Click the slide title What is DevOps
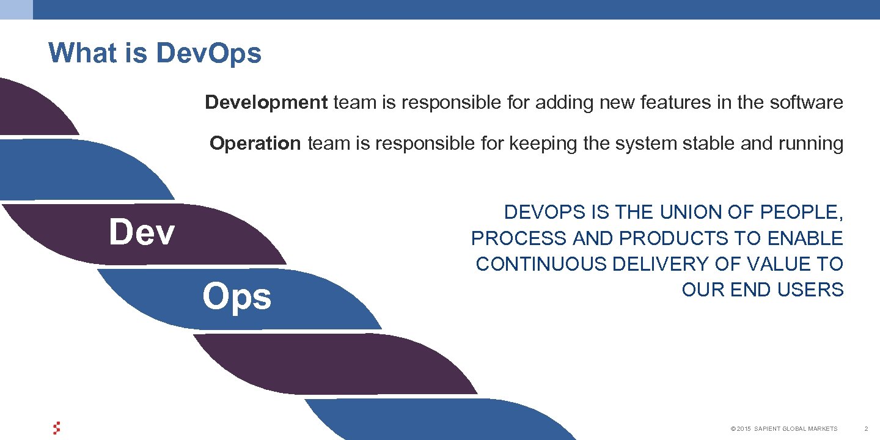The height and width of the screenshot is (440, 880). tap(155, 53)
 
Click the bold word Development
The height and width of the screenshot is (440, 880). tap(266, 103)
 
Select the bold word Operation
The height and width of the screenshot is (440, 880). tap(255, 144)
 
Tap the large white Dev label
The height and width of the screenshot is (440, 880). tap(142, 233)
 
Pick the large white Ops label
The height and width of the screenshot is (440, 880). tap(237, 297)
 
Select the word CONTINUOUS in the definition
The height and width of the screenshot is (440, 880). tap(541, 264)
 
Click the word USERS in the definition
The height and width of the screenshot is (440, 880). tap(812, 290)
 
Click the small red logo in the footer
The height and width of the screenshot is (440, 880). tap(57, 428)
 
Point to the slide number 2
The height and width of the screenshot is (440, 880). tap(866, 429)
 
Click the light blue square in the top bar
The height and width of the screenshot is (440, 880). tap(16, 9)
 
